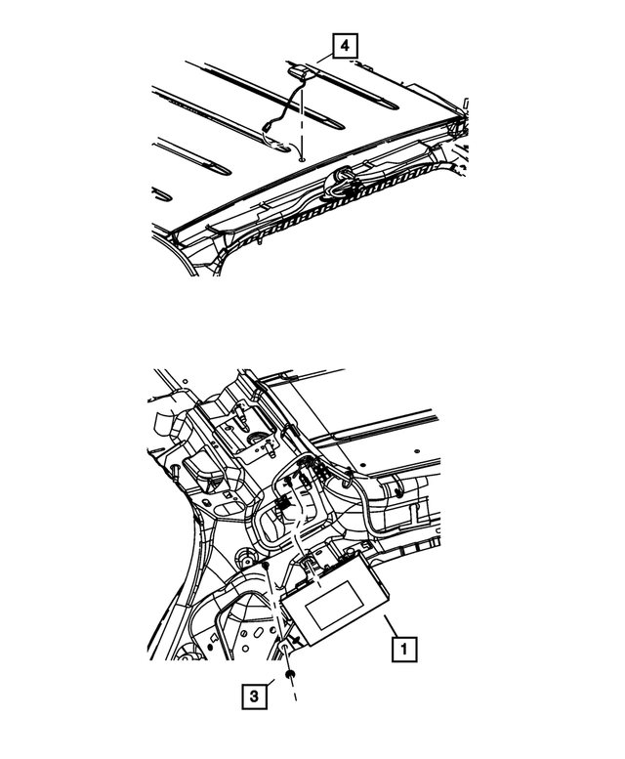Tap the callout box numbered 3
[x=252, y=696]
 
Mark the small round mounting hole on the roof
[x=302, y=156]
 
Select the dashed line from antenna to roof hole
[x=302, y=117]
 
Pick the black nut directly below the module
[x=290, y=674]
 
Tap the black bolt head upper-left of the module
[x=265, y=566]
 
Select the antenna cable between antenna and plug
[x=288, y=98]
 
